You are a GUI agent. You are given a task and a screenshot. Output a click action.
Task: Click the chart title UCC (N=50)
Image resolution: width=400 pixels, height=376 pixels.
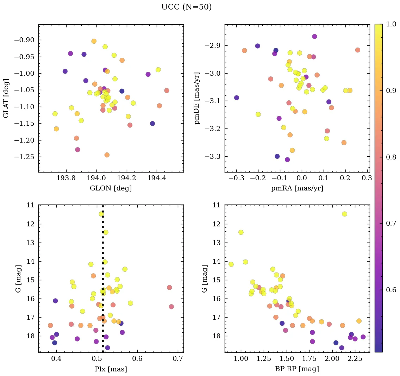[x=186, y=7]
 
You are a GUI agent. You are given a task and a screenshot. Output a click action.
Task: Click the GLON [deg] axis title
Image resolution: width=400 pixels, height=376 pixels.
[x=111, y=188]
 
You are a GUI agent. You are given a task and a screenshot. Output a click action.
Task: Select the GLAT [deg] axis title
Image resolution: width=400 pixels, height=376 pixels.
[x=6, y=98]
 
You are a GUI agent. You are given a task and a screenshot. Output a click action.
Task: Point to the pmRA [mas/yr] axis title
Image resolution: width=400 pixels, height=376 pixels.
[x=297, y=188]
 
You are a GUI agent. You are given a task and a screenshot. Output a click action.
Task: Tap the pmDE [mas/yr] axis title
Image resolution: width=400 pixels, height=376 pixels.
[x=197, y=98]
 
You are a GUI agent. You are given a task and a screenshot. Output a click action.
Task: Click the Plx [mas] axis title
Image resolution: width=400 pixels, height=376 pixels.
[x=111, y=369]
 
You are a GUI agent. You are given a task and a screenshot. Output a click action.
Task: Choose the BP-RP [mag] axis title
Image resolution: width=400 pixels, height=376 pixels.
[x=297, y=369]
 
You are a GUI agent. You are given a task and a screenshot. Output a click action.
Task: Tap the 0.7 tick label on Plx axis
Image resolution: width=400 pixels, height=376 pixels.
[x=178, y=359]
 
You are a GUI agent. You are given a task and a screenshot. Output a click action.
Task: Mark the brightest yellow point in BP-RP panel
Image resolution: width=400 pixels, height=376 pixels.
[x=344, y=214]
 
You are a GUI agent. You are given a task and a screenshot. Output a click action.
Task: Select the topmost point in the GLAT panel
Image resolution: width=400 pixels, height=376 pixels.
[x=94, y=41]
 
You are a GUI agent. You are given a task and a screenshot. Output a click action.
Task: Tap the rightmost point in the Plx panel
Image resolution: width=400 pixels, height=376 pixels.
[x=171, y=307]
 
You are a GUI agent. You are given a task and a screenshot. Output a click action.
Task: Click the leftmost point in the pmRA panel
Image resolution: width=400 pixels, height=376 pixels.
[x=237, y=98]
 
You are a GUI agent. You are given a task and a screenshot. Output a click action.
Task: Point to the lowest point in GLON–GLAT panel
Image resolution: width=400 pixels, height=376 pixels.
[x=107, y=155]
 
